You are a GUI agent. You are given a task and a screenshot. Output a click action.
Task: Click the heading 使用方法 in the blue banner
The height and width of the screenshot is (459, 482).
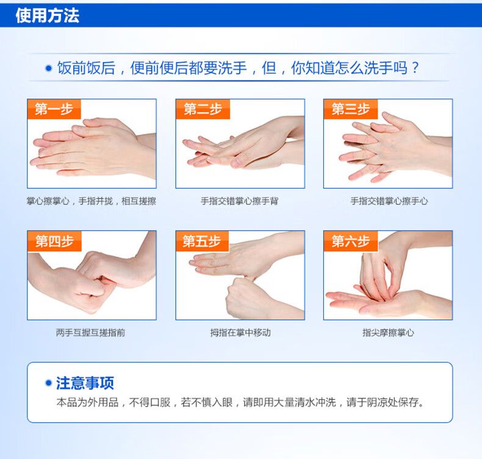click(x=48, y=15)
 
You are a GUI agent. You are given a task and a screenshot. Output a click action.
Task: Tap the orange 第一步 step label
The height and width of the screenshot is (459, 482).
click(x=54, y=109)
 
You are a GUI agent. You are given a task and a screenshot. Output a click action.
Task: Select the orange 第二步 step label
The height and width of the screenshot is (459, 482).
click(x=203, y=109)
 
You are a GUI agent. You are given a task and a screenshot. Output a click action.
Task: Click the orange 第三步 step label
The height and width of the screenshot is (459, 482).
click(x=351, y=109)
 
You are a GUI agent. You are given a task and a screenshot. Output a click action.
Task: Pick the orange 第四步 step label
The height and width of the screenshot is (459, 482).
click(x=54, y=241)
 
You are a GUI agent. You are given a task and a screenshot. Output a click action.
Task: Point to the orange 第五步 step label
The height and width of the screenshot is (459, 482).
click(x=203, y=241)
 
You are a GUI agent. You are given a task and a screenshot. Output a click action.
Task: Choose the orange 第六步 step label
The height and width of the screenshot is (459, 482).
click(x=351, y=241)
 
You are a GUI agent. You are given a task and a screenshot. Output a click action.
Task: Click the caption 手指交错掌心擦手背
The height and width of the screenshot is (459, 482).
click(x=239, y=201)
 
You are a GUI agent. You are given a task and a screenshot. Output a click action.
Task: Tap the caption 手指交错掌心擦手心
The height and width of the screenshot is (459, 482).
click(x=389, y=201)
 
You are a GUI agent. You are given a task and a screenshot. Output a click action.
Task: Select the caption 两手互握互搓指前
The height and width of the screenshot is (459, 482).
click(x=91, y=332)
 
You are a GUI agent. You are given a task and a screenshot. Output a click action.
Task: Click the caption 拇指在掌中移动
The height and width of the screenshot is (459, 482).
click(x=240, y=332)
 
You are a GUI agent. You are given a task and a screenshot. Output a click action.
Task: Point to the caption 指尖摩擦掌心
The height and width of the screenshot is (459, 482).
click(x=388, y=332)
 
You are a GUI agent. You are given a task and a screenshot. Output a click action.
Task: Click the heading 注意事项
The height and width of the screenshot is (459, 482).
click(x=85, y=383)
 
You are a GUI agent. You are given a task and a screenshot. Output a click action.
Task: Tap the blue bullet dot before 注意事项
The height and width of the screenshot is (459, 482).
click(x=48, y=383)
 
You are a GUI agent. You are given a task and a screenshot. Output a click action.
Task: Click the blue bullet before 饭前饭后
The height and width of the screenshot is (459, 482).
click(x=49, y=68)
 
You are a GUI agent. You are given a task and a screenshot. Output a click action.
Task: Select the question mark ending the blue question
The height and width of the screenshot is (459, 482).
click(x=415, y=68)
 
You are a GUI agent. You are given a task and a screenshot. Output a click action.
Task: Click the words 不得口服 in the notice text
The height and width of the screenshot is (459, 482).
click(x=149, y=402)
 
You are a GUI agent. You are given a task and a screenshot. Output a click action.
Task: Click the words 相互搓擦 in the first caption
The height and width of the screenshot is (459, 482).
click(x=139, y=201)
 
